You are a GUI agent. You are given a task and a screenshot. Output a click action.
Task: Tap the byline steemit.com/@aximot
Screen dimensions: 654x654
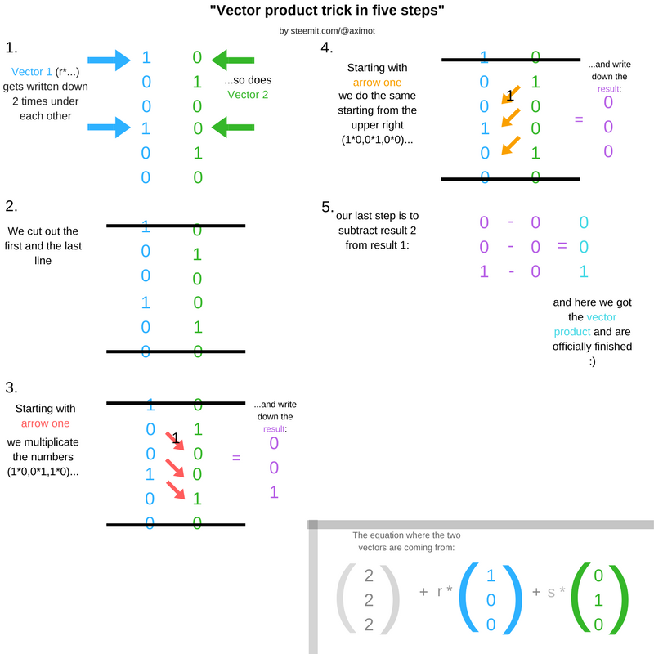(327, 31)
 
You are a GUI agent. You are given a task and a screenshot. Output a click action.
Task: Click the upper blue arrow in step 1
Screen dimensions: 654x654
(109, 59)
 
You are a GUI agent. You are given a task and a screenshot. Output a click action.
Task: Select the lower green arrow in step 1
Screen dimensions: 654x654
(233, 127)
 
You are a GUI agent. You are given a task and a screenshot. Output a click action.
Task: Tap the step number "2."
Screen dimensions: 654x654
(11, 207)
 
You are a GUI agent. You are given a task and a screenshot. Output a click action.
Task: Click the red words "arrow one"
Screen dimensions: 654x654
(46, 423)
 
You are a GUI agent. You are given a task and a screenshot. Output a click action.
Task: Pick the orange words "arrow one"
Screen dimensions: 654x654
(377, 83)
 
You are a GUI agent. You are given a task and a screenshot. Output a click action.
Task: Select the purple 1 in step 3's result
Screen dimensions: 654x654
(274, 492)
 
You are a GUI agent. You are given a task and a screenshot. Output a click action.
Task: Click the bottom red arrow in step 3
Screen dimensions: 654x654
(176, 489)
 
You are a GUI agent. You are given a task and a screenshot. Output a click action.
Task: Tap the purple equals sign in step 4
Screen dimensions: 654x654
(579, 119)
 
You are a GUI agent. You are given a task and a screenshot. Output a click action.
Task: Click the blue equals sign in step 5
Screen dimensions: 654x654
(562, 246)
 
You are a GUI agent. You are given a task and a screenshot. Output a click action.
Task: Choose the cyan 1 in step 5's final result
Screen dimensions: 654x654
(583, 271)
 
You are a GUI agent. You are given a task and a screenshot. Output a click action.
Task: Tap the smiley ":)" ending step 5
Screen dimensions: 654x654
(593, 361)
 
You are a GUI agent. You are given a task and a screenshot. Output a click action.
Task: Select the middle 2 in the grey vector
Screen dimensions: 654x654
(369, 600)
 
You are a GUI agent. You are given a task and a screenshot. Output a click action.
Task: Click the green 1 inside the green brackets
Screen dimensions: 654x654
(598, 600)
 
